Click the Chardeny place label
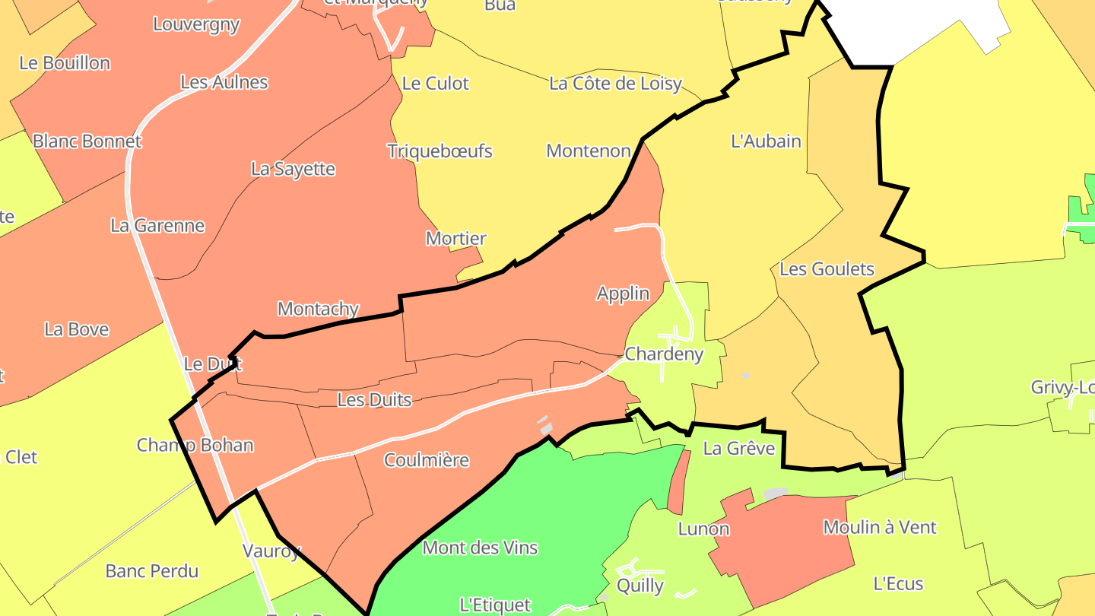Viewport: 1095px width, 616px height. point(664,354)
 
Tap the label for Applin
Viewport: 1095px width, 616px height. point(623,294)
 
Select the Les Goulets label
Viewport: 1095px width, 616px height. point(827,269)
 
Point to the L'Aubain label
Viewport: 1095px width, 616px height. point(766,141)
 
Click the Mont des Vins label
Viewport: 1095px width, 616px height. point(480,548)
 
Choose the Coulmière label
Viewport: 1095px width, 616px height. point(427,460)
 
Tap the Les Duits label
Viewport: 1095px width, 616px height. point(374,399)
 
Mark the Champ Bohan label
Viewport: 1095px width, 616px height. point(195,445)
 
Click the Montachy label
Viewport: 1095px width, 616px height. point(318,309)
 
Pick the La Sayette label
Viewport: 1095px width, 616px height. point(293,169)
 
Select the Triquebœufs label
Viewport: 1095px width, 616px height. point(440,151)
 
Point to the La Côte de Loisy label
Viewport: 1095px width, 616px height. point(615,84)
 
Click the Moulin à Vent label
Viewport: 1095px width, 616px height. point(880,527)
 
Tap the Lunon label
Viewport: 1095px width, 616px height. point(703,529)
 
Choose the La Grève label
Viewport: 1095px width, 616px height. point(738,448)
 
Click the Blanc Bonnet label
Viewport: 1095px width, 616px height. point(87,141)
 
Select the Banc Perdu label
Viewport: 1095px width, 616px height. point(151,570)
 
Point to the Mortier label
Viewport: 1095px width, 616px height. point(455,239)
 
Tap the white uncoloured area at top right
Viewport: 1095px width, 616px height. point(912,27)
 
